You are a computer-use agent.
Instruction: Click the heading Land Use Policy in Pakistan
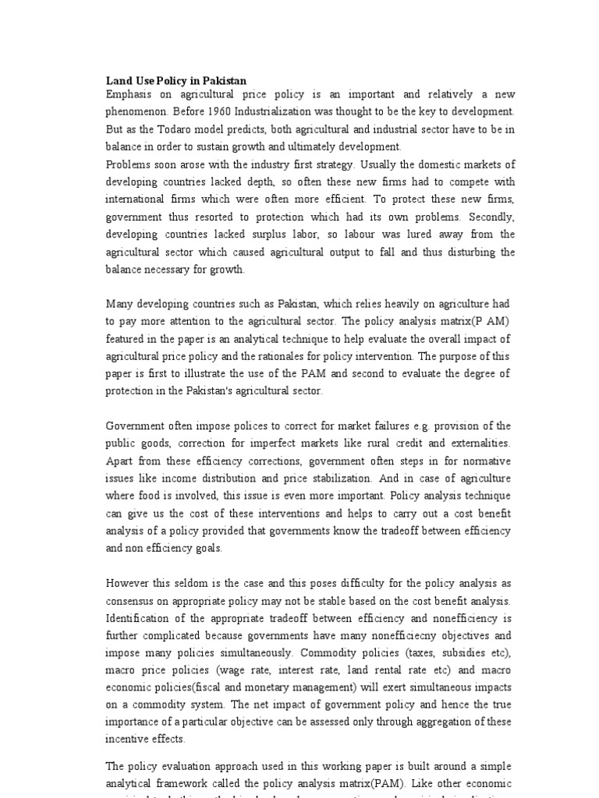pyautogui.click(x=175, y=80)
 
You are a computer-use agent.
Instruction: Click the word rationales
pyautogui.click(x=277, y=355)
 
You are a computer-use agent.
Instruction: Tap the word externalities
pyautogui.click(x=478, y=443)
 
